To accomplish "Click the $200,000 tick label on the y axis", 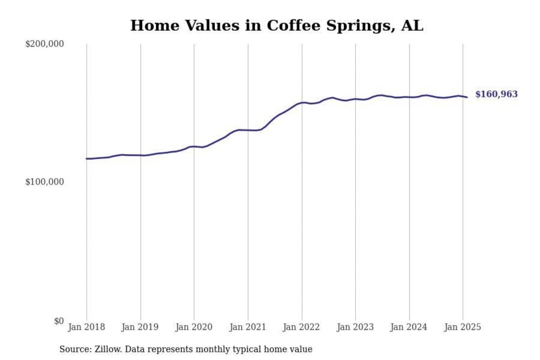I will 45,44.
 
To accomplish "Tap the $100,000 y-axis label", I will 45,182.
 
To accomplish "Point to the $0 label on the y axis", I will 59,321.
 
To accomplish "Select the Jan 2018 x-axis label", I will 86,327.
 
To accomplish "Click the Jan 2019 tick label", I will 140,327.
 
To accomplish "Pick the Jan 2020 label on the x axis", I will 194,327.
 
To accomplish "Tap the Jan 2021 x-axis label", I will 248,327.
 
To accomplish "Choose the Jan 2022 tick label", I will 301,327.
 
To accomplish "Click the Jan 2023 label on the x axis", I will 355,327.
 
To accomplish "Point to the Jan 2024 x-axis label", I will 409,327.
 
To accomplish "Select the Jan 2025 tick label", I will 463,327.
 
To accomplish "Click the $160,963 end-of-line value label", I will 496,94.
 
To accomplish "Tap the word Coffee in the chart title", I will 288,26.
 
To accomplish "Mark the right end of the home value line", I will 467,97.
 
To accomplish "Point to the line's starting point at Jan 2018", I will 87,158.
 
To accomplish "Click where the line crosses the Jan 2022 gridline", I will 301,103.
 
